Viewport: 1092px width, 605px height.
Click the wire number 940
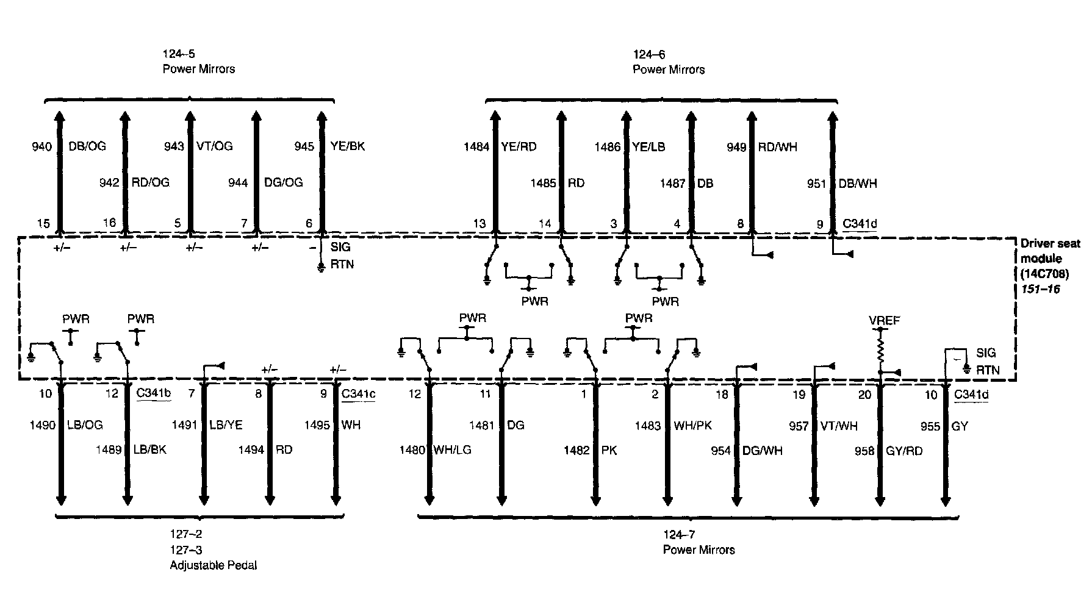(41, 146)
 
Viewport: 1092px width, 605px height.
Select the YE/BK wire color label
(347, 146)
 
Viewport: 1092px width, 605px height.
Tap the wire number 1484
(476, 146)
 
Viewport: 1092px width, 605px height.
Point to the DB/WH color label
(858, 183)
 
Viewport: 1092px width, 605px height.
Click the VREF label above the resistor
(884, 320)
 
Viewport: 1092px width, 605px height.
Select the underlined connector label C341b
(153, 393)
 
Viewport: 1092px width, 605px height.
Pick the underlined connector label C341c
(358, 393)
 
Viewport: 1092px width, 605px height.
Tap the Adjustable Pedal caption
(213, 565)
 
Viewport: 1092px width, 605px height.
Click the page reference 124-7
(679, 535)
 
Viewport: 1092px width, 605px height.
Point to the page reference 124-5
(179, 54)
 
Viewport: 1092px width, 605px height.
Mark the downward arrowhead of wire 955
(945, 501)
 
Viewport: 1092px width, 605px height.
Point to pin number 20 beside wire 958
(864, 395)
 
